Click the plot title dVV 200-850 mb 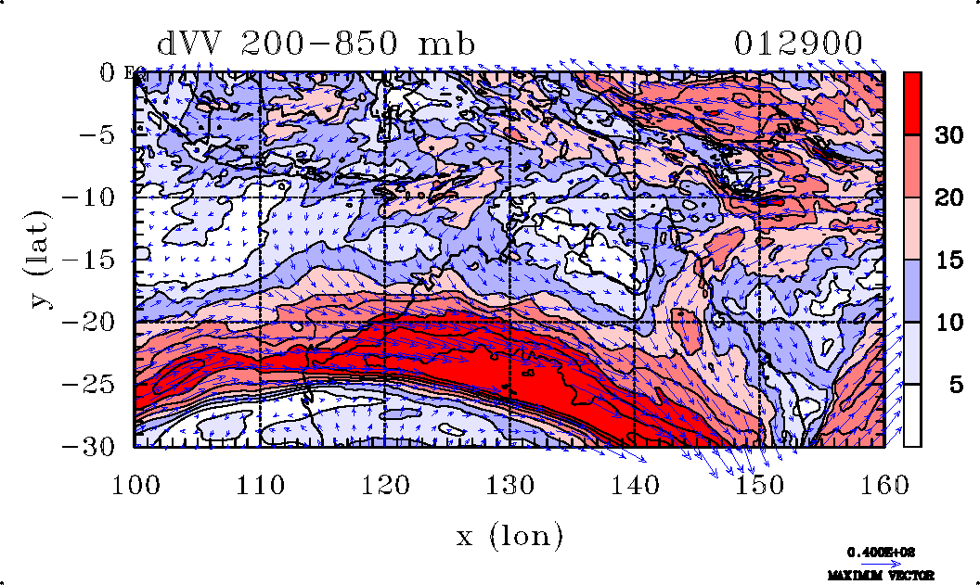(316, 44)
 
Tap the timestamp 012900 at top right (799, 44)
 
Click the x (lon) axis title (509, 535)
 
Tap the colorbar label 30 (948, 135)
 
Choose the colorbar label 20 (948, 197)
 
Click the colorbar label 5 (955, 385)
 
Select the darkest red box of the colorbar (912, 104)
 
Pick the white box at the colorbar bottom (912, 415)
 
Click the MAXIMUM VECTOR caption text (881, 575)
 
